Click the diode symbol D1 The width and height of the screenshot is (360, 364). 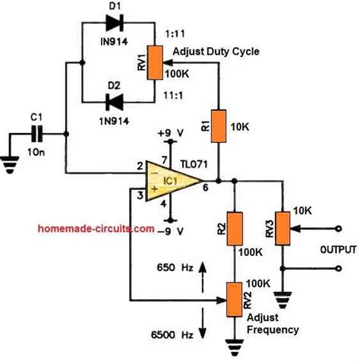point(115,23)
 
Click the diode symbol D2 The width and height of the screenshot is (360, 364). point(115,100)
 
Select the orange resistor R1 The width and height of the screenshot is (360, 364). point(219,126)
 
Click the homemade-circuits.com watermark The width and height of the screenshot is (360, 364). point(96,228)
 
